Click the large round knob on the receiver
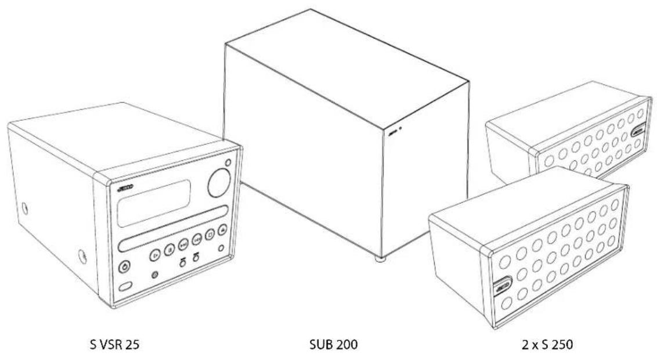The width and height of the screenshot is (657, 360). click(219, 182)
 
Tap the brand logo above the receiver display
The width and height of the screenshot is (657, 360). click(125, 188)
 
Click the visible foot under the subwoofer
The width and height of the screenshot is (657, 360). click(379, 260)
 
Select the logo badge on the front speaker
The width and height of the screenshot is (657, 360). click(502, 285)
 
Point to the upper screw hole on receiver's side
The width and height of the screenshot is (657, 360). click(25, 206)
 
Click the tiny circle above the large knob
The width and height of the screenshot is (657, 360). click(228, 163)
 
